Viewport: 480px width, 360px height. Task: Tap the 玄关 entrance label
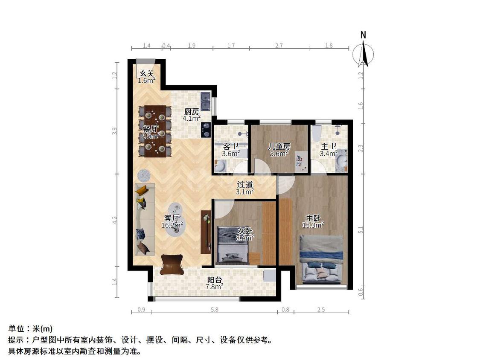146,73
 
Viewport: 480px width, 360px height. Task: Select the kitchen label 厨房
192,112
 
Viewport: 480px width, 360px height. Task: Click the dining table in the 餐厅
155,131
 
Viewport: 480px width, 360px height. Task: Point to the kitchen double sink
205,101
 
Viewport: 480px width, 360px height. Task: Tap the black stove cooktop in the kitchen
205,130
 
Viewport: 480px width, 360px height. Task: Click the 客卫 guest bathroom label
230,147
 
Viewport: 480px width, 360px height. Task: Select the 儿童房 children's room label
279,147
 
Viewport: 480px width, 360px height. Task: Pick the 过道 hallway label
245,185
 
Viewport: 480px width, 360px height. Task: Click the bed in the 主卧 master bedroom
321,259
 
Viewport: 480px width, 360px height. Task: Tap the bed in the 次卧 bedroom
233,245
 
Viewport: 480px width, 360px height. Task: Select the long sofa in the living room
145,219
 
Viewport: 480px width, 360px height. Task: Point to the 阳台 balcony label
214,280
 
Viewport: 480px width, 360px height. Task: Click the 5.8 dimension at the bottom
215,310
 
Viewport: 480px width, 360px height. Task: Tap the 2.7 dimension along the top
279,46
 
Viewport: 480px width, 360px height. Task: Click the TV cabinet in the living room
206,232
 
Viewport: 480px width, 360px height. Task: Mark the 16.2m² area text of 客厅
172,225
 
